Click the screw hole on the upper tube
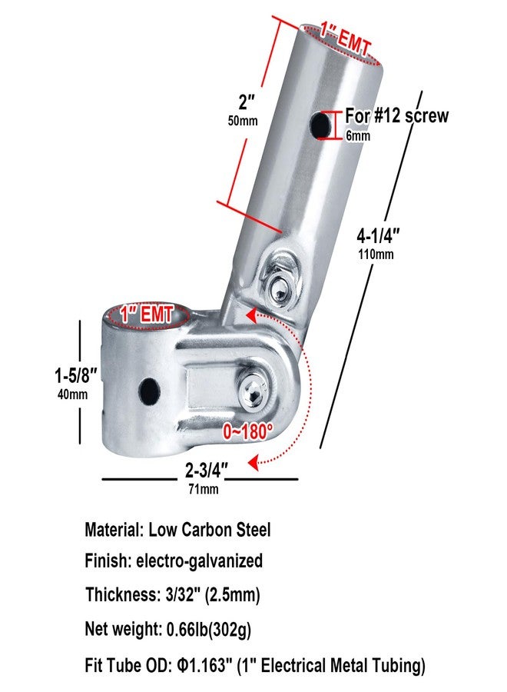[320, 125]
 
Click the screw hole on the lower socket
[149, 390]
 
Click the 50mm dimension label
[243, 121]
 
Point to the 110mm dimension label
[376, 255]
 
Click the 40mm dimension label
[72, 394]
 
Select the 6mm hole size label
[358, 136]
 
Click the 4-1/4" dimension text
[378, 236]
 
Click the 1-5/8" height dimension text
[75, 376]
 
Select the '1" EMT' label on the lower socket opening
[147, 315]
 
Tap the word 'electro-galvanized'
[200, 561]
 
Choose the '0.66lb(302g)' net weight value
[209, 629]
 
